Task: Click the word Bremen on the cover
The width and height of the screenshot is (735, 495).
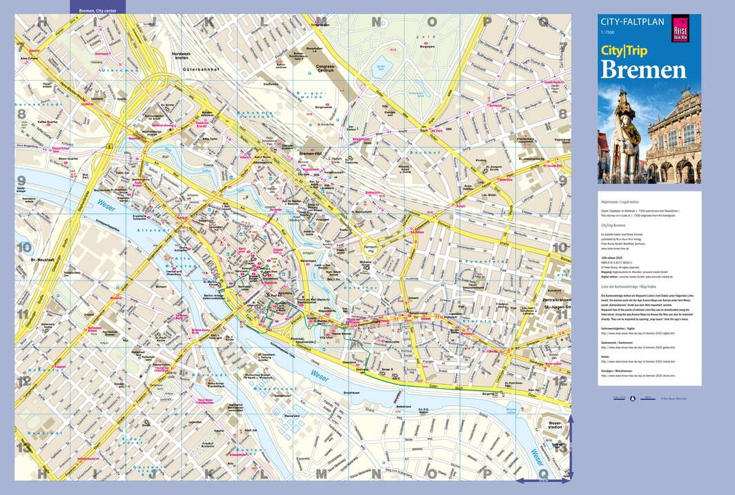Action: pos(643,70)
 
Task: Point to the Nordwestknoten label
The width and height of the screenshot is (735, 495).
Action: pos(188,56)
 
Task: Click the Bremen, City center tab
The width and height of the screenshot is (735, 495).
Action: pos(97,11)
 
